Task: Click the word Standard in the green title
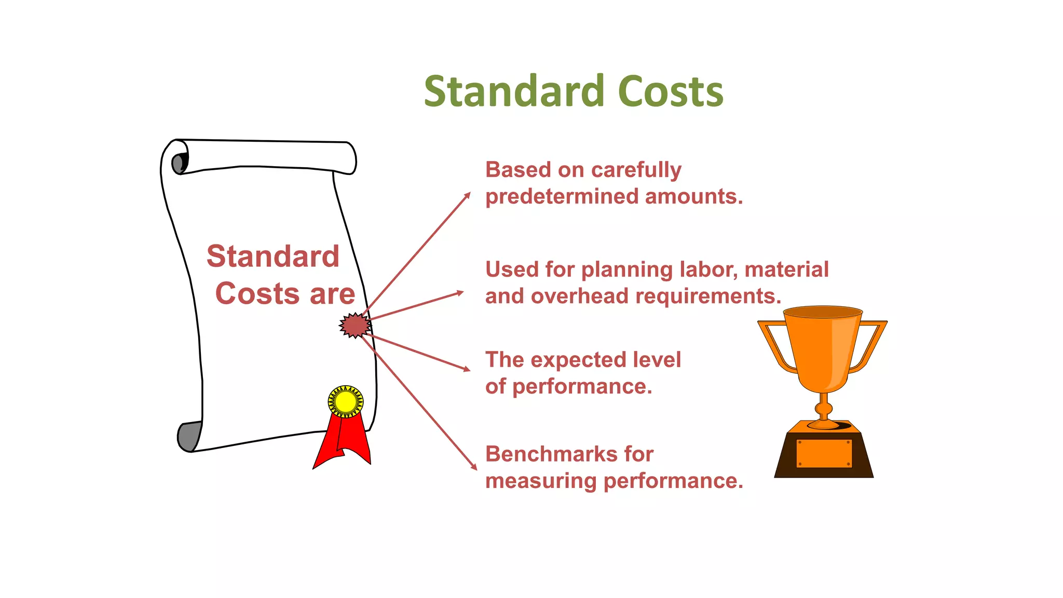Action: coord(514,92)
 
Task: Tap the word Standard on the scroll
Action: coord(273,256)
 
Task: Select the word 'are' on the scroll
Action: coord(332,294)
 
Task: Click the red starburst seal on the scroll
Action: coord(355,325)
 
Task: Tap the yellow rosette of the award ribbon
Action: coord(346,401)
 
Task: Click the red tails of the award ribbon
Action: coord(343,444)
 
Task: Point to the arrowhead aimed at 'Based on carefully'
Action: coord(467,196)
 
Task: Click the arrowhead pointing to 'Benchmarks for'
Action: coord(474,466)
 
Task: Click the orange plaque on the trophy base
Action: coord(824,453)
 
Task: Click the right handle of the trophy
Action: coord(870,345)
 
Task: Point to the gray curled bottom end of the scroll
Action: coord(188,437)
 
